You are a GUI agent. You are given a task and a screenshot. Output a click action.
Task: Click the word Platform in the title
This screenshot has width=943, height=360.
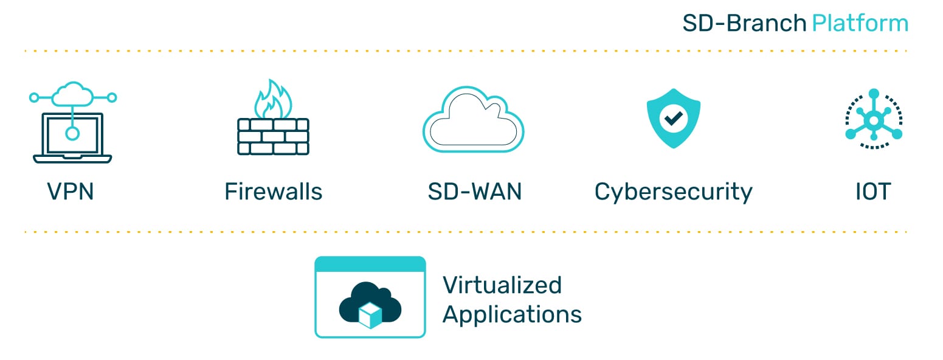[860, 24]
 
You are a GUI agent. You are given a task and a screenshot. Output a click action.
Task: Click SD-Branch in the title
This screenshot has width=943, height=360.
[745, 24]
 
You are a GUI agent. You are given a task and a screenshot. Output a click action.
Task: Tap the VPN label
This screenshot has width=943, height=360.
[71, 192]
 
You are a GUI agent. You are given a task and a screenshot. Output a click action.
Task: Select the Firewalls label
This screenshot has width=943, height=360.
[273, 192]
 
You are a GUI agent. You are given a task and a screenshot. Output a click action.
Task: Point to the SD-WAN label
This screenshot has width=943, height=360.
[474, 192]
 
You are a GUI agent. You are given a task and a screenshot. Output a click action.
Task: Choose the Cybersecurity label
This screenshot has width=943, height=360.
[673, 192]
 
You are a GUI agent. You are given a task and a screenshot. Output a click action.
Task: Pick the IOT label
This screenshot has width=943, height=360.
[873, 192]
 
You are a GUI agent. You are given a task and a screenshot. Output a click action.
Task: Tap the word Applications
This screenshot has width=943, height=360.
[512, 315]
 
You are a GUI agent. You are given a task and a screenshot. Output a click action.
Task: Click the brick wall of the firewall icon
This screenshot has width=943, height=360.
[273, 136]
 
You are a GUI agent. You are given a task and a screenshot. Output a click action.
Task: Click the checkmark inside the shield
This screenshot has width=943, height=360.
[673, 118]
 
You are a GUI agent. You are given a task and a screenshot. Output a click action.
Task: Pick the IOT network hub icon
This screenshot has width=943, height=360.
[874, 119]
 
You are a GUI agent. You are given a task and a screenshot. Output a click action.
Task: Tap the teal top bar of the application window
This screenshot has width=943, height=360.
[370, 265]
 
